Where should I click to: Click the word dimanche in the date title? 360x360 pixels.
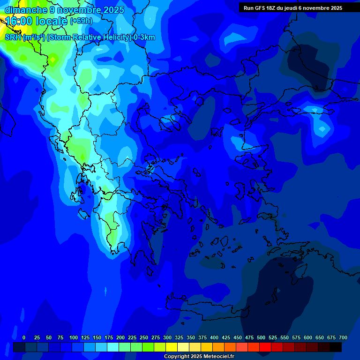click(x=26, y=10)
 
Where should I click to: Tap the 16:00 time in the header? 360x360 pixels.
click(x=19, y=21)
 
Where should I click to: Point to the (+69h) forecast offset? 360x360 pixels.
click(x=81, y=21)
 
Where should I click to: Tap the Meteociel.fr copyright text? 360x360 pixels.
click(x=199, y=357)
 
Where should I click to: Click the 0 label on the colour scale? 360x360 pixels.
click(x=24, y=337)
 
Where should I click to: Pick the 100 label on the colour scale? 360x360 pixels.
click(x=74, y=337)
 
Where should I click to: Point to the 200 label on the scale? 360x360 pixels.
click(x=120, y=337)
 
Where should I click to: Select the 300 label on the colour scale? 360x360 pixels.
click(x=167, y=337)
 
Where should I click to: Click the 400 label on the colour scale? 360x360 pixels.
click(x=214, y=337)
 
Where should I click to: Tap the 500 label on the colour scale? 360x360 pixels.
click(x=261, y=337)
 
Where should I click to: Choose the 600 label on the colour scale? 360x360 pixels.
click(x=308, y=337)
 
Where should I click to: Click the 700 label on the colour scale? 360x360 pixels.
click(x=343, y=337)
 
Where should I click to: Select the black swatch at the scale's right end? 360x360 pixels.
click(x=336, y=347)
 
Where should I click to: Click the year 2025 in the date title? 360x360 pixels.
click(x=113, y=10)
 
